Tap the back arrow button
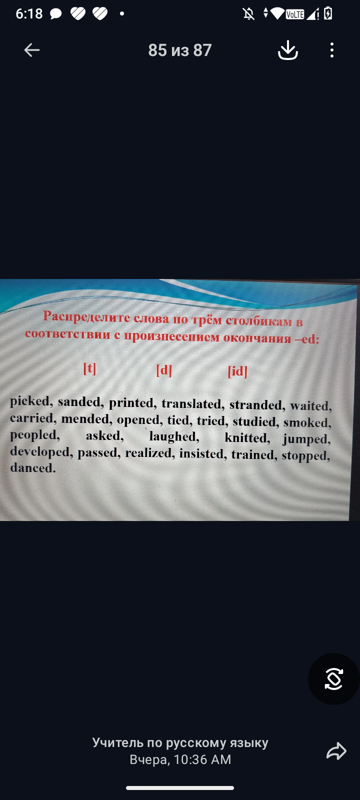(32, 50)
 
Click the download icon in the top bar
(288, 50)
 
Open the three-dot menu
(332, 50)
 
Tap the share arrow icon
(336, 750)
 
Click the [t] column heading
(89, 368)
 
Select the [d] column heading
(164, 370)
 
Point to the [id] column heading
(237, 371)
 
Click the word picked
(29, 401)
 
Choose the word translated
(191, 404)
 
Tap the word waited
(309, 406)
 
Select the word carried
(31, 418)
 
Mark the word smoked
(306, 422)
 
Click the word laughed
(173, 437)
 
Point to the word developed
(40, 452)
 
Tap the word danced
(31, 468)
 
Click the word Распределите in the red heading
(86, 317)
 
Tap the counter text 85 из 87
(180, 50)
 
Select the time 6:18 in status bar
(29, 14)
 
